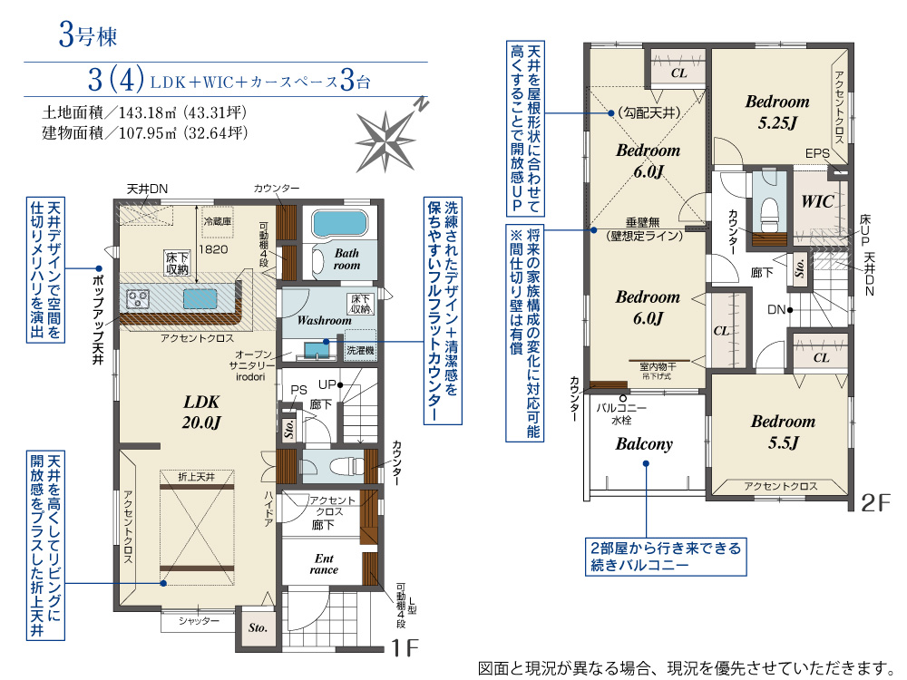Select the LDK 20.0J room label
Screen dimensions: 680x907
(x=202, y=410)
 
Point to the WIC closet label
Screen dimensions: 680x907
(x=817, y=202)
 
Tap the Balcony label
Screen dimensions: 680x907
(x=644, y=444)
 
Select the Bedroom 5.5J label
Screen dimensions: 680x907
(x=782, y=432)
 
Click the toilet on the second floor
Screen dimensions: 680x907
(x=770, y=209)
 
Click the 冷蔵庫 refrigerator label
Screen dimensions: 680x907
(x=218, y=220)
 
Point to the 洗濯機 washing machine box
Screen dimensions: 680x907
(x=358, y=349)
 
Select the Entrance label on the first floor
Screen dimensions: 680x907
(x=324, y=564)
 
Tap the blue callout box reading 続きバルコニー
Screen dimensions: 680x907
(x=665, y=557)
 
